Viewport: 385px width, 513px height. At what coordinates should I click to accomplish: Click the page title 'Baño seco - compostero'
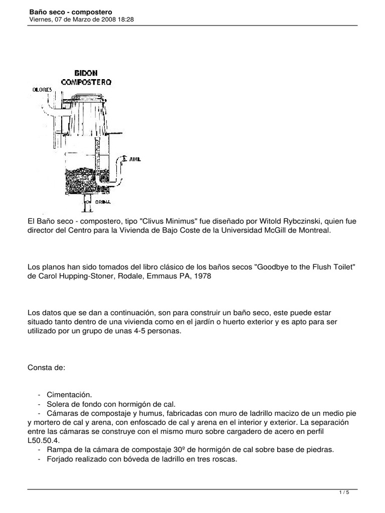coord(70,11)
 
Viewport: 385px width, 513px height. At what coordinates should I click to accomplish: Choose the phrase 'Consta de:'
coord(47,368)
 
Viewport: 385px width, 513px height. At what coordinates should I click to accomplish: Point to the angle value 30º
coord(178,449)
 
